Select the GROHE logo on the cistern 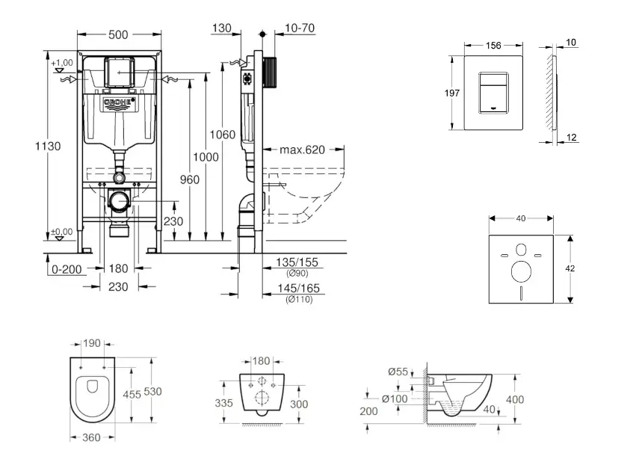coord(118,103)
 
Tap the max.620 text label coord(303,150)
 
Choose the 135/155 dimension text coord(297,262)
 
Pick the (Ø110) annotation coord(297,299)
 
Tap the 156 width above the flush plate coord(493,45)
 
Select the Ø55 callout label coord(398,372)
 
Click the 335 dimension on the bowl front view coord(223,402)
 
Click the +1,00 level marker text coord(62,62)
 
